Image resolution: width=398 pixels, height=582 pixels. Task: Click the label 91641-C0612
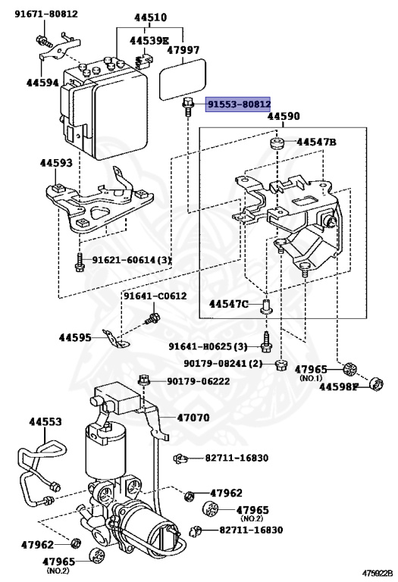(155, 296)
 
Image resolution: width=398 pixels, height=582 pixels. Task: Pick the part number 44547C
(229, 304)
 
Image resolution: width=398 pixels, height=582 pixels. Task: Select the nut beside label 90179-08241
(280, 365)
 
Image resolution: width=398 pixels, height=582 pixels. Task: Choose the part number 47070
(194, 417)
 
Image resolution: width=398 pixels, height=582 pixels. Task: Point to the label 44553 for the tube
(45, 421)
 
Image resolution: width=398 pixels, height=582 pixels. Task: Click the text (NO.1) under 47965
(311, 377)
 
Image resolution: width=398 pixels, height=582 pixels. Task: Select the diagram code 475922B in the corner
(376, 574)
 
